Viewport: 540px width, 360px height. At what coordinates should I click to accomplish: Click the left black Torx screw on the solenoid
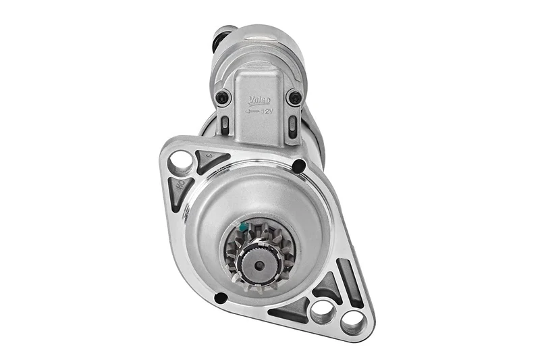coord(222,99)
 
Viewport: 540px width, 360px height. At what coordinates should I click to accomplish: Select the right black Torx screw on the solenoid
coord(294,97)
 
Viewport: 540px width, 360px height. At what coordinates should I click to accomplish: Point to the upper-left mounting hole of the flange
coord(180,161)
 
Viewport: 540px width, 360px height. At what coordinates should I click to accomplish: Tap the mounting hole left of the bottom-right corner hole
coord(323,310)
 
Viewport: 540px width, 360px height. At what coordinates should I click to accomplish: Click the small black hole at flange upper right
coord(299,164)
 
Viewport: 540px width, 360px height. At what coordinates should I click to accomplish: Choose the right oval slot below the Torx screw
coord(292,126)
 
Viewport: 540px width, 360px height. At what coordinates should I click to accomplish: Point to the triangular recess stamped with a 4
coord(209,161)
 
